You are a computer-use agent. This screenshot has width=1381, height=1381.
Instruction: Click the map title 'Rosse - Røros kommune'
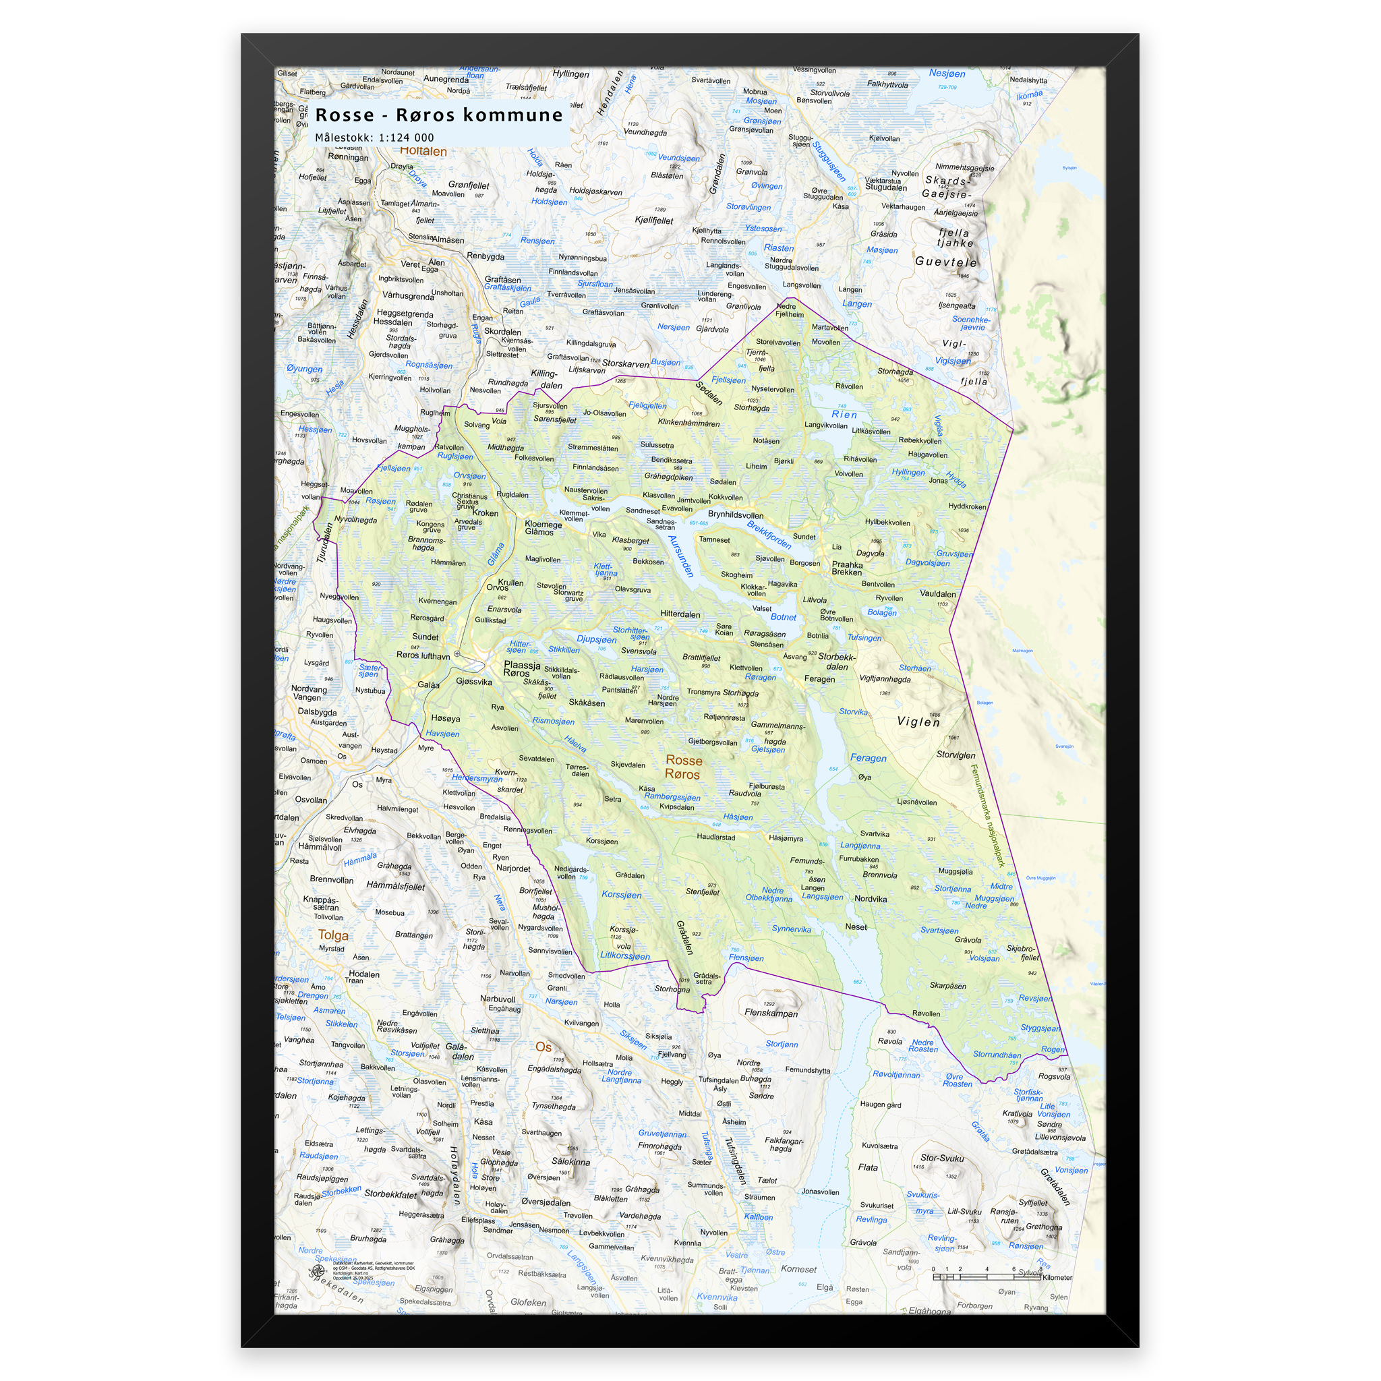click(x=438, y=115)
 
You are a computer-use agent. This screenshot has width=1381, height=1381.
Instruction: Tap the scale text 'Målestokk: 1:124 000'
click(x=374, y=138)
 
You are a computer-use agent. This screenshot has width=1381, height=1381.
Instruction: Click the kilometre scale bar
click(x=987, y=1276)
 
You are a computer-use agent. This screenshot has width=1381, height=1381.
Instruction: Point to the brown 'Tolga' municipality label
click(x=333, y=935)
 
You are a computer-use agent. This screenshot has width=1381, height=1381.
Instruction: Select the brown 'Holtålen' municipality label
click(x=423, y=152)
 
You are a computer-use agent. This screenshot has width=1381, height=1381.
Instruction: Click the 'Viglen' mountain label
click(x=918, y=722)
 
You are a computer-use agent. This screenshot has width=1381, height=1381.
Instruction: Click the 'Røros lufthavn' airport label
click(x=423, y=655)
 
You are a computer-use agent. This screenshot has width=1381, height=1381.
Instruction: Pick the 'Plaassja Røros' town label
click(x=521, y=669)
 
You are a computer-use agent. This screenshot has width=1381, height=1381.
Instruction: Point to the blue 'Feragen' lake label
click(x=868, y=759)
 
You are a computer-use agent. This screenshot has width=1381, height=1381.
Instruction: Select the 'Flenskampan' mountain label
click(x=771, y=1013)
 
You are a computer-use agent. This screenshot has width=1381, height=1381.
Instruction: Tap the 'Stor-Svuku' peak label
click(x=941, y=1158)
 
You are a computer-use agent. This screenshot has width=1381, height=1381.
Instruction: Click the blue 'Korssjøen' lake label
click(x=621, y=895)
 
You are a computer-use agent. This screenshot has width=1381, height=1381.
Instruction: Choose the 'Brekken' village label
click(x=846, y=572)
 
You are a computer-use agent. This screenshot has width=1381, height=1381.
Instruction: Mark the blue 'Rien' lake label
click(x=844, y=415)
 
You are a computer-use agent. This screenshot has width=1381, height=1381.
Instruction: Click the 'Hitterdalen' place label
click(x=680, y=614)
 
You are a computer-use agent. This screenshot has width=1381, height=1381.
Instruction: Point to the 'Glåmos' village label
click(x=539, y=532)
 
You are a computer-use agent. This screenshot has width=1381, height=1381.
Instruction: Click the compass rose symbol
click(x=318, y=1272)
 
